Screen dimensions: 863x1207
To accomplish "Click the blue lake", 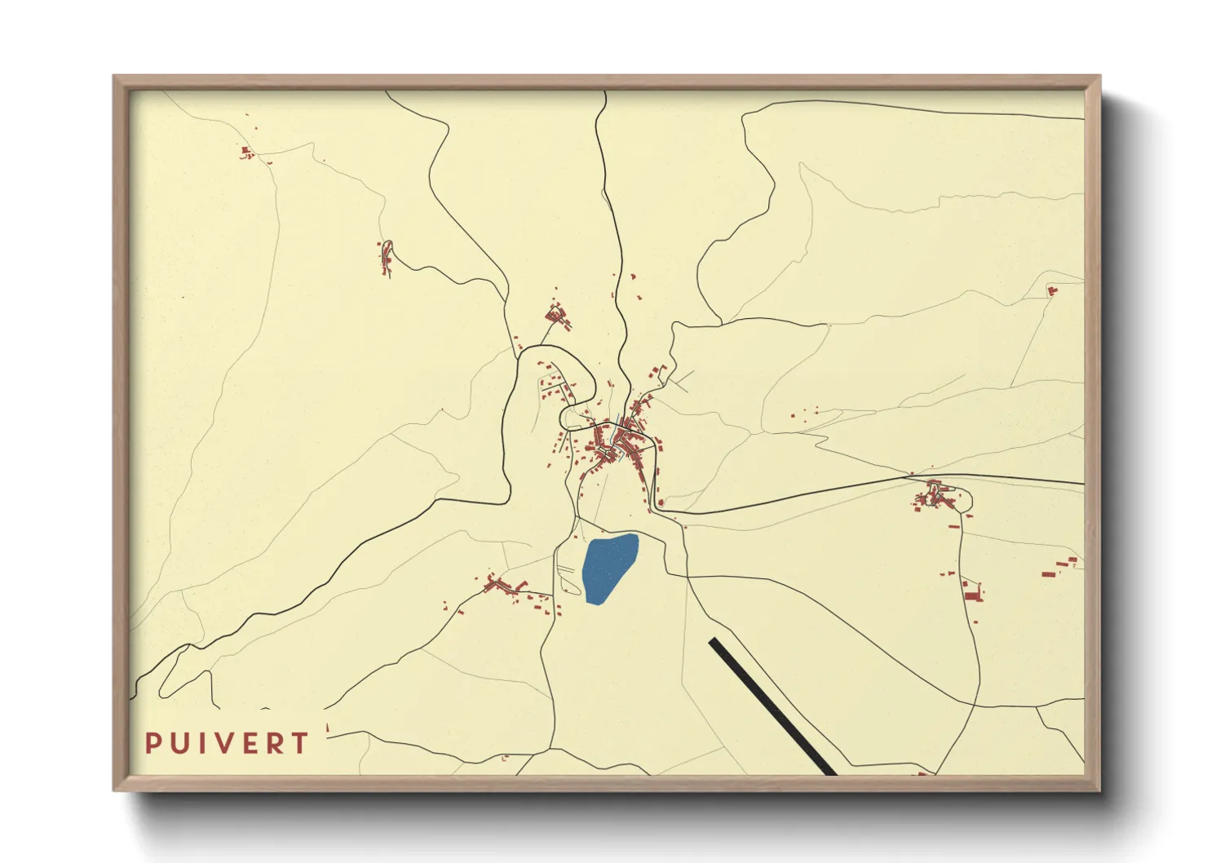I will [x=609, y=568].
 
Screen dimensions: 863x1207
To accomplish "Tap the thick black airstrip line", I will [x=772, y=706].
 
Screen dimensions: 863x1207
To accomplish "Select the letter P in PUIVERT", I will [x=153, y=743].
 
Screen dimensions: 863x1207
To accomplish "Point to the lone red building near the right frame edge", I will [x=1051, y=290].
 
